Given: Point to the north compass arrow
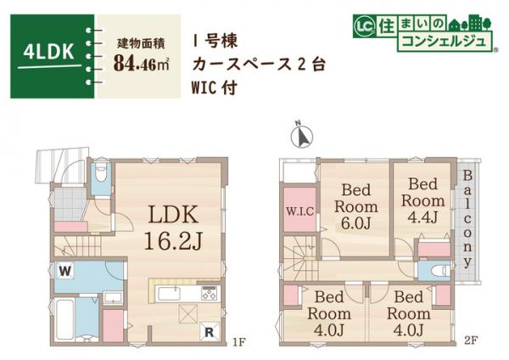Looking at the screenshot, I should coord(299,134).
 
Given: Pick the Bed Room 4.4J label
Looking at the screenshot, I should coord(422,200).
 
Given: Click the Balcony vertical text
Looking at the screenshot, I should coord(467,217).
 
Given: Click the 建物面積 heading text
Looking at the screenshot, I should coord(141,41).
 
